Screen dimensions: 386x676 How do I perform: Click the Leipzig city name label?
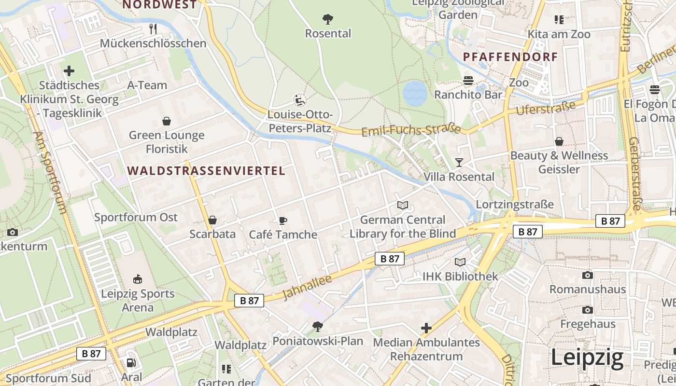587,358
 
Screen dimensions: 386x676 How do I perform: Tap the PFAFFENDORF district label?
510,57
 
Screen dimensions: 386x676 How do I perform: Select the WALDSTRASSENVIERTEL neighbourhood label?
207,171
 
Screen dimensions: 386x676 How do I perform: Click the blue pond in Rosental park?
415,93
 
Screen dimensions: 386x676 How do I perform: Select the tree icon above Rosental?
328,19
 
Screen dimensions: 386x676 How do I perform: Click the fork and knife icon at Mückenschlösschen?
153,29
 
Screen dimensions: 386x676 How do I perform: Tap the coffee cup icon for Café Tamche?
283,221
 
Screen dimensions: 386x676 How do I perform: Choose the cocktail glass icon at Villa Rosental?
459,163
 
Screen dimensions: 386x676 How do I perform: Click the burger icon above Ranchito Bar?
468,80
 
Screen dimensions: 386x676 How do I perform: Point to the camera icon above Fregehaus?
587,310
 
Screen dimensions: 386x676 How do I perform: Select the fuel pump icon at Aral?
131,363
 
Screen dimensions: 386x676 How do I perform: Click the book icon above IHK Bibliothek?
460,262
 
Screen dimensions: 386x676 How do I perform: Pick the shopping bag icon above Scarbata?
212,221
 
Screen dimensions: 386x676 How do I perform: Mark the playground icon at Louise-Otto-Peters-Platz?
300,100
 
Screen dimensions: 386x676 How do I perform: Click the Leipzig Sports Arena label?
138,300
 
